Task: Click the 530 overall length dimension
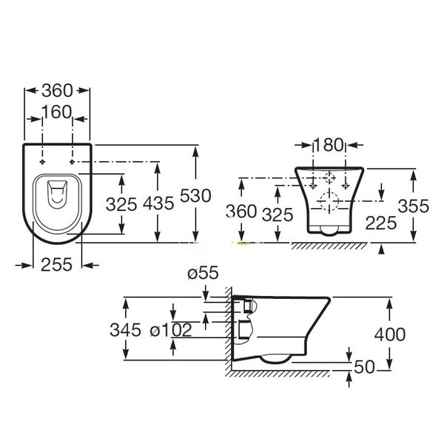pyautogui.click(x=196, y=196)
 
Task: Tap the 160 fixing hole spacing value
pyautogui.click(x=57, y=112)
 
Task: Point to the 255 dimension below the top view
pyautogui.click(x=57, y=263)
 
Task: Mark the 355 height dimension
pyautogui.click(x=413, y=206)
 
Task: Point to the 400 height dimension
pyautogui.click(x=390, y=334)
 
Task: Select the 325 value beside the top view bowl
pyautogui.click(x=121, y=204)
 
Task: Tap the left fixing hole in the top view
pyautogui.click(x=42, y=161)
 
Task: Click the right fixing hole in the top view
pyautogui.click(x=72, y=161)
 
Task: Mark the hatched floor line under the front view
pyautogui.click(x=326, y=245)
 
